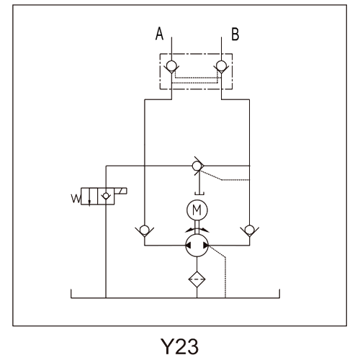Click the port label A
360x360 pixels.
(159, 34)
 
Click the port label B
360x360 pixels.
(235, 34)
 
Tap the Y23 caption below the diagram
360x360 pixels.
(179, 346)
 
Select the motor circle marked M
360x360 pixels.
(197, 210)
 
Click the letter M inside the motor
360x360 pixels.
(197, 210)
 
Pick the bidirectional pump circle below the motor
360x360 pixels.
(197, 246)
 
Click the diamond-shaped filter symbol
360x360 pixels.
(197, 279)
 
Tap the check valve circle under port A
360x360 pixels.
(171, 65)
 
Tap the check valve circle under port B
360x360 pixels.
(221, 65)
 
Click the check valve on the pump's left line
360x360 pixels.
(145, 230)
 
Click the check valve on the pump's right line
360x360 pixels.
(250, 230)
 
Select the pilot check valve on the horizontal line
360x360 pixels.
(197, 166)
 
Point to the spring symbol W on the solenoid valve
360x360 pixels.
(76, 199)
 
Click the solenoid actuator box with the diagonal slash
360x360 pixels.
(121, 191)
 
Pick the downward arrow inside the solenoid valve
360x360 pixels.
(89, 197)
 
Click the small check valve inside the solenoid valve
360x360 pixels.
(106, 196)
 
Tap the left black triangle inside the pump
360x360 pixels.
(189, 246)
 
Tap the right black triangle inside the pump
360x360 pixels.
(206, 246)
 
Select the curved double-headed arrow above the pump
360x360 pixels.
(197, 229)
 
